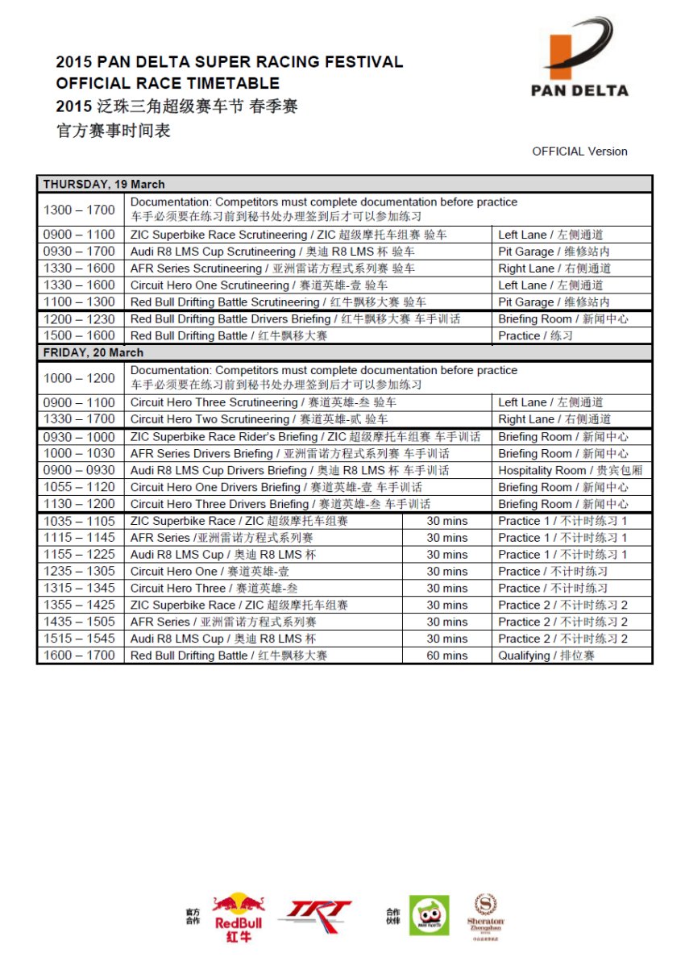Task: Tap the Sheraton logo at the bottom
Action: (485, 917)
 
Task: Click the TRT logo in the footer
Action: (314, 913)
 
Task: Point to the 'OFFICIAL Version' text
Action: (579, 151)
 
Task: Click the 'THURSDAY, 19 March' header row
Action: (344, 184)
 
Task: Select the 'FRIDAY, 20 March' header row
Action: (344, 352)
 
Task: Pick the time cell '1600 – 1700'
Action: (80, 656)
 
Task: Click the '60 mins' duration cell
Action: (446, 656)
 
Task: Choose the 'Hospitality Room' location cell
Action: (570, 470)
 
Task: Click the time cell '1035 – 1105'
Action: (80, 521)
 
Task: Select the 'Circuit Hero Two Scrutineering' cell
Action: (259, 419)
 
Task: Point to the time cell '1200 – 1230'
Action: (80, 318)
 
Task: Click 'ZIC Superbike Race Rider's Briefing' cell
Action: (305, 436)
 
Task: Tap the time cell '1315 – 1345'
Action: (80, 588)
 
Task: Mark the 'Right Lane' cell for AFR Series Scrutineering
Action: (554, 268)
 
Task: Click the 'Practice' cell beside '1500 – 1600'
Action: (535, 335)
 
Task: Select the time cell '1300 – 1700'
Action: (80, 210)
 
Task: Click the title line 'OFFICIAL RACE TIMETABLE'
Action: (168, 83)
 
